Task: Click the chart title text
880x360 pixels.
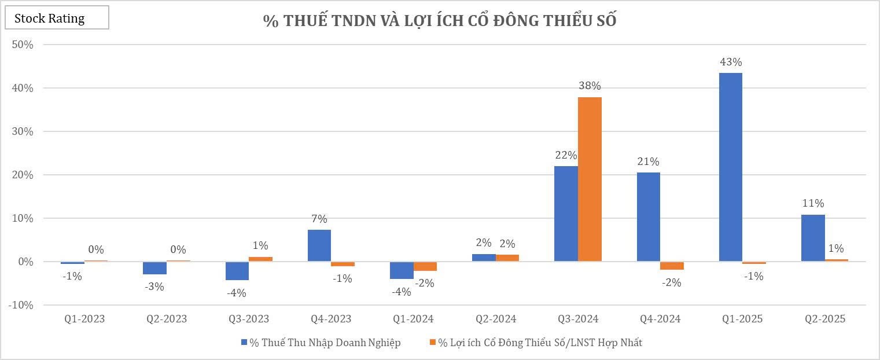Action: click(x=440, y=20)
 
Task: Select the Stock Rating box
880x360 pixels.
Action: click(x=57, y=19)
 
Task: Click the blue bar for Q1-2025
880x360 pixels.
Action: click(x=730, y=167)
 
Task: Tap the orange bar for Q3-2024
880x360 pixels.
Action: click(x=590, y=179)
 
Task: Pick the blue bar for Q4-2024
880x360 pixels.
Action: click(x=648, y=217)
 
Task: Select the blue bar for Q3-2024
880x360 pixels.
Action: click(x=566, y=214)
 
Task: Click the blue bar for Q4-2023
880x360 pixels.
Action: click(x=319, y=246)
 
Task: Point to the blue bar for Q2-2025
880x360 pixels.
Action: click(x=813, y=238)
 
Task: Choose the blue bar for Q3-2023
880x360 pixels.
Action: click(x=237, y=271)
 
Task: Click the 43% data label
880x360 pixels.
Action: click(x=730, y=62)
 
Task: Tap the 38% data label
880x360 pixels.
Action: click(x=590, y=86)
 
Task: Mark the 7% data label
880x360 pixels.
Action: click(x=319, y=219)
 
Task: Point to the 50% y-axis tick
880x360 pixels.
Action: click(x=22, y=45)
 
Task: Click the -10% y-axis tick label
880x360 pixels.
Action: click(x=21, y=305)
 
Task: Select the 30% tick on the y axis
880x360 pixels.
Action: click(x=22, y=131)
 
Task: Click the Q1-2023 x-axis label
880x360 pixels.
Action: click(x=85, y=319)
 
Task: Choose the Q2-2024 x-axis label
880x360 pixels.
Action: click(x=496, y=319)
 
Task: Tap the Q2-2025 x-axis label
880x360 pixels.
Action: click(x=825, y=319)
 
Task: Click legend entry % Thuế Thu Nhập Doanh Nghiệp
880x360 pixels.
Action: click(x=321, y=343)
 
